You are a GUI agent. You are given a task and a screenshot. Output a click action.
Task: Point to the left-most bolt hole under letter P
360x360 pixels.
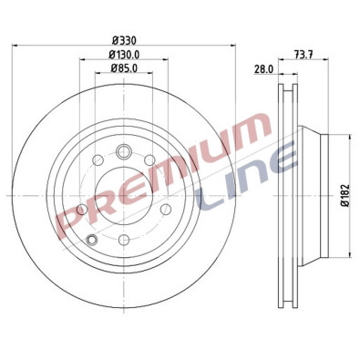81,211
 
